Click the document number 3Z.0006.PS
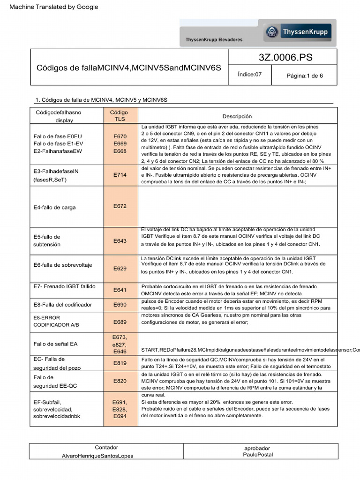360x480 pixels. pos(285,58)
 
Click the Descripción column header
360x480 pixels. pos(237,116)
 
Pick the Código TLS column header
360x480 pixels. pos(119,116)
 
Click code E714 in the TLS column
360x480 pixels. pos(120,175)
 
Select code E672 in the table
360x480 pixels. pos(120,206)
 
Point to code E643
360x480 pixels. pos(120,241)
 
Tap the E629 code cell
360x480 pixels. pos(120,269)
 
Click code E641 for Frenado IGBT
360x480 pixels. pos(120,290)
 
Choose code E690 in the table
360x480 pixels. pos(120,305)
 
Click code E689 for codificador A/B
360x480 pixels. pos(120,322)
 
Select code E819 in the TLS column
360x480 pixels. pos(120,363)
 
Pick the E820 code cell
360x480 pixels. pos(120,381)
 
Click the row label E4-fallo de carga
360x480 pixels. pos(55,207)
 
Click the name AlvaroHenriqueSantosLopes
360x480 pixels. pos(97,456)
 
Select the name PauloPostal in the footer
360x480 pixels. pos(258,454)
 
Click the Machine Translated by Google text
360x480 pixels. pos(54,7)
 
